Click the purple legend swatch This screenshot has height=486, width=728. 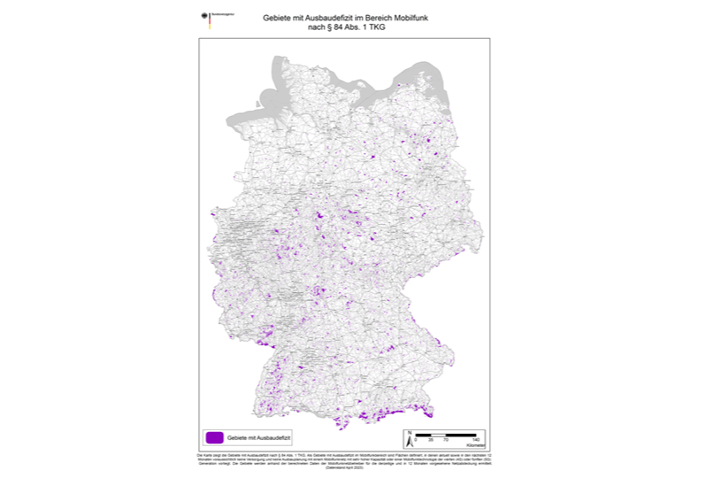213,437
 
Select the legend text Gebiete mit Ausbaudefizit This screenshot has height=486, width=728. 259,437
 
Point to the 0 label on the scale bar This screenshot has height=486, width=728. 417,440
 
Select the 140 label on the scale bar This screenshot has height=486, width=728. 477,440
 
